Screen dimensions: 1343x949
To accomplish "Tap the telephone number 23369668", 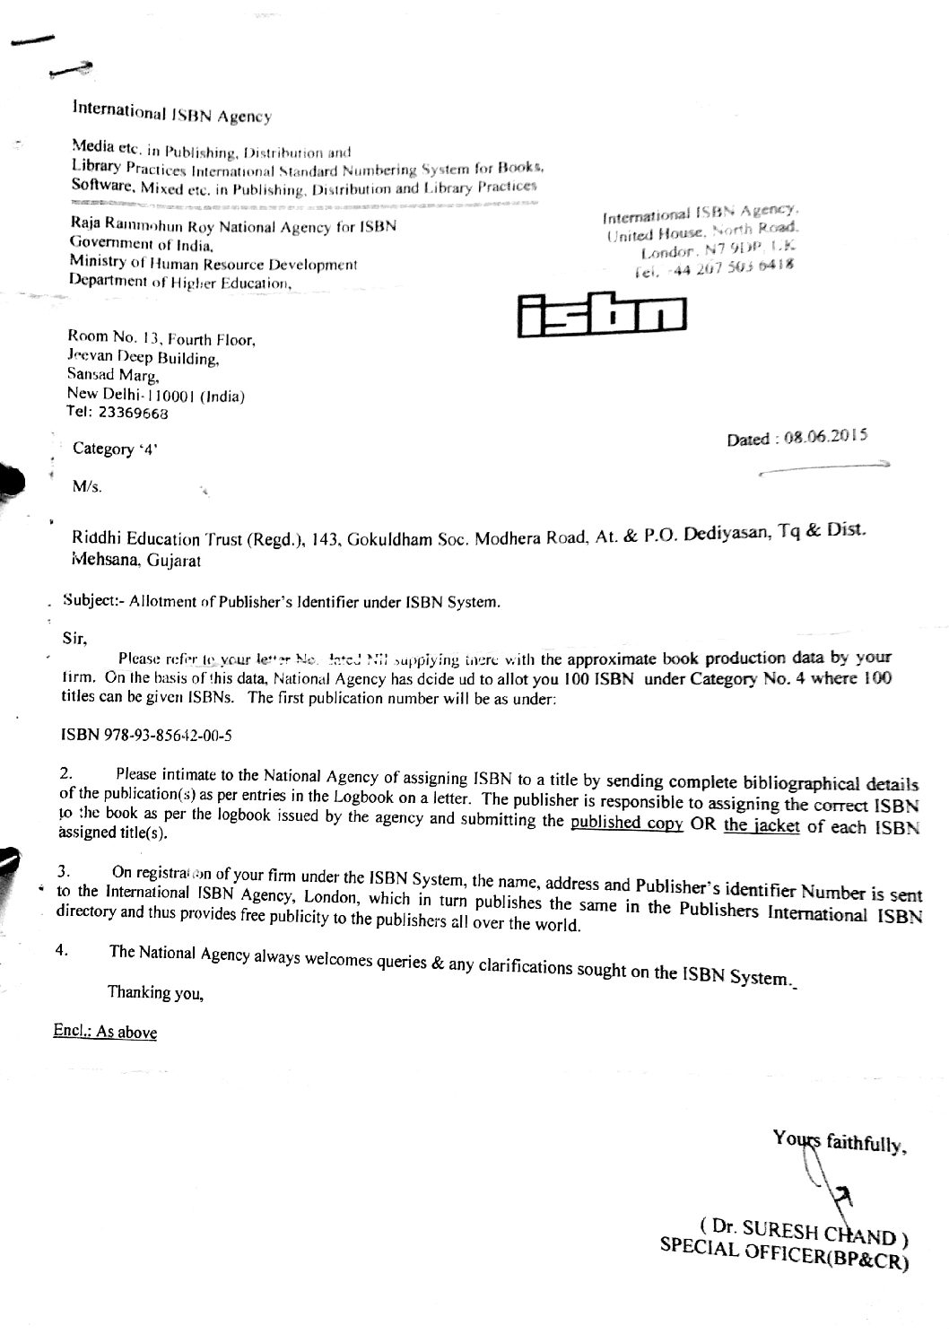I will [132, 414].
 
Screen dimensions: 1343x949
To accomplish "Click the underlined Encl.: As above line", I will [105, 1032].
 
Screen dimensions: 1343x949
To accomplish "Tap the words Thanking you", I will [156, 992].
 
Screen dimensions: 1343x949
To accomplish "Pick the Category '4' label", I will [115, 449].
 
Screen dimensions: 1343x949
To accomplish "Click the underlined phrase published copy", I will [627, 824].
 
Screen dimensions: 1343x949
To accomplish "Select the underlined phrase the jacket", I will [762, 825].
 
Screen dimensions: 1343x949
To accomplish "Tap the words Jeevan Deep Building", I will [143, 359].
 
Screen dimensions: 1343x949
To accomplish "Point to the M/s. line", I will [87, 487].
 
